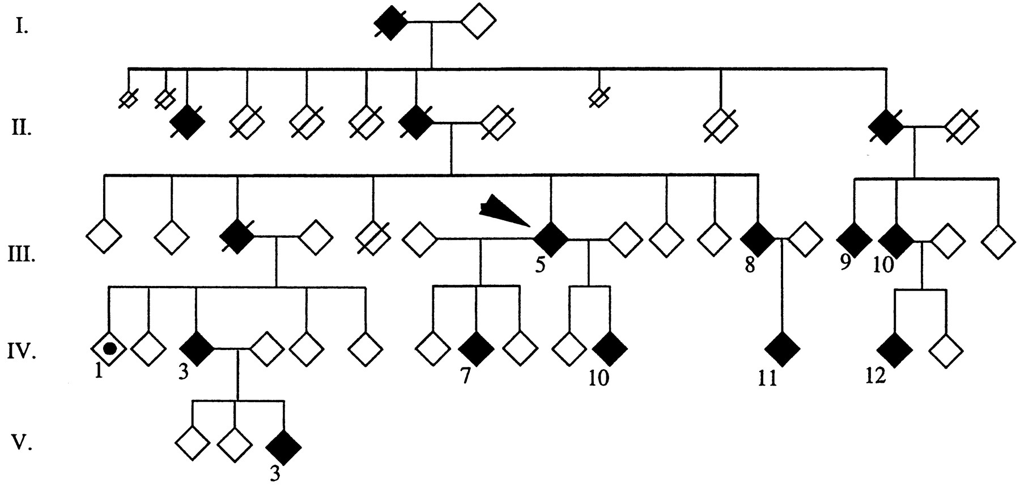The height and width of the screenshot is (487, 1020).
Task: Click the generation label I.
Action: click(22, 27)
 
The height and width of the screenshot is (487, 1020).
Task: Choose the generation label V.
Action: click(21, 443)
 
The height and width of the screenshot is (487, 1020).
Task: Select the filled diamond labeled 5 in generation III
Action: click(550, 239)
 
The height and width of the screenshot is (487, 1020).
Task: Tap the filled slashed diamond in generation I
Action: click(391, 23)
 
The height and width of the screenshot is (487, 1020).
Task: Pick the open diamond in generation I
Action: click(478, 23)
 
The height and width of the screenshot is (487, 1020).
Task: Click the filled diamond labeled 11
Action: click(782, 349)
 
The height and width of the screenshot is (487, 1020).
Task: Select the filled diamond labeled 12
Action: click(895, 349)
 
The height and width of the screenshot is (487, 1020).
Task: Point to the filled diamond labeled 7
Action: click(476, 349)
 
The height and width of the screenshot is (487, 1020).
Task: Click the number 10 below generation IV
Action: click(599, 378)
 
